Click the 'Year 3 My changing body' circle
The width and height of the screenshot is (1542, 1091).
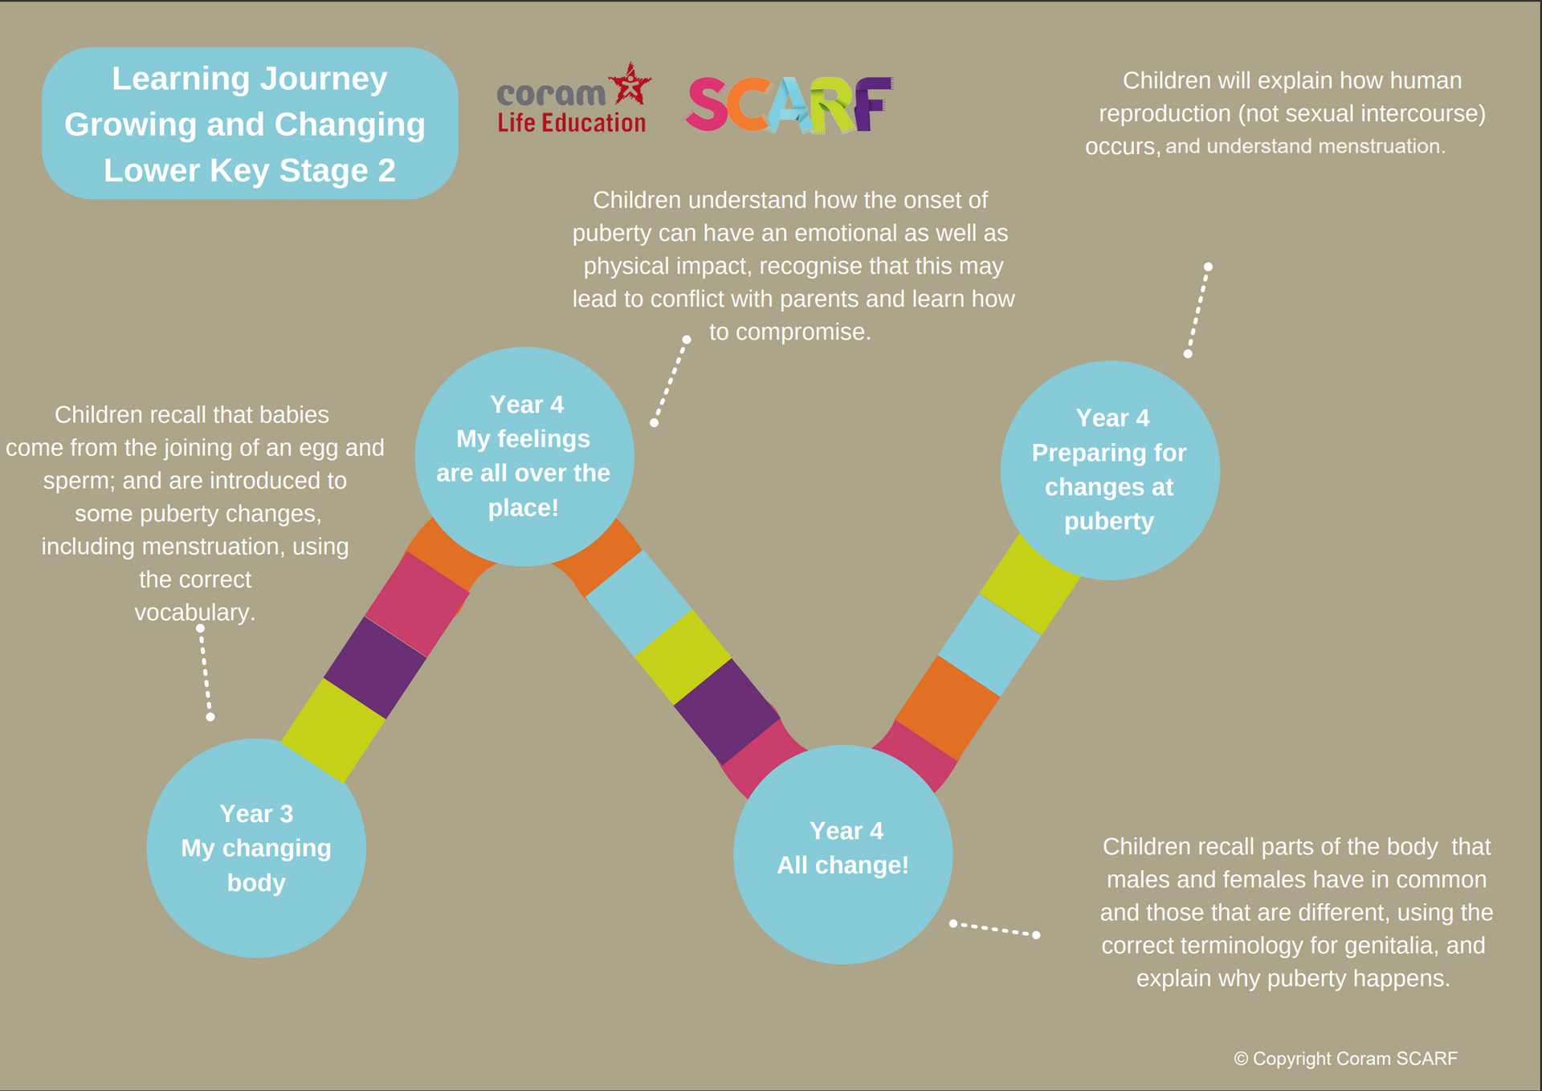256,848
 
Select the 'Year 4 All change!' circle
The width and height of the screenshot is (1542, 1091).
843,854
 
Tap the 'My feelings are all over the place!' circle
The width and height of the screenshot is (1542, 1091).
524,456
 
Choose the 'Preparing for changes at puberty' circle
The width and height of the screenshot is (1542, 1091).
1110,470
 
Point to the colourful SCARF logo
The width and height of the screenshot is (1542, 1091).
789,104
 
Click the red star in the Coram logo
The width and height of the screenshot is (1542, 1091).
630,83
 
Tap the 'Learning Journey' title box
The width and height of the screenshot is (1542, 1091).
250,123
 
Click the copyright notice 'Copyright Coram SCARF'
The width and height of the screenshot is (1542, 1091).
1346,1059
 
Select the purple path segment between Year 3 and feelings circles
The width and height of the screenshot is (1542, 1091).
375,667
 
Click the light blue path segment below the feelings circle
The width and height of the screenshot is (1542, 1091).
639,603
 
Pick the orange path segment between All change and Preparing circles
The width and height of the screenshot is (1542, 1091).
948,708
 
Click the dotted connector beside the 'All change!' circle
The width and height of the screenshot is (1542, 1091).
994,929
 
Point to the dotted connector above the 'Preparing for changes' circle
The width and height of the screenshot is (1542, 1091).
1198,310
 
